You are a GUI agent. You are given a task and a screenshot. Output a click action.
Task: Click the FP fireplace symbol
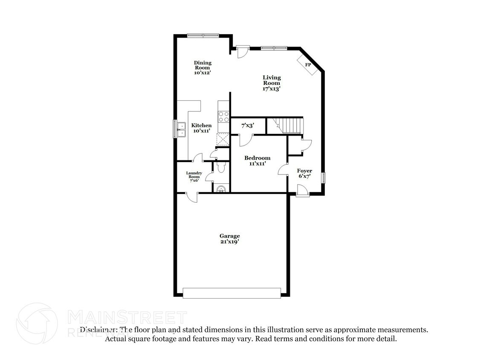[x=307, y=64]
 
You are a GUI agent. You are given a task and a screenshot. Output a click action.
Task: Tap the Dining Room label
[x=203, y=68]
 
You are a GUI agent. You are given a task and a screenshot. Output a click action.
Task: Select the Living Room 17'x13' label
[x=272, y=83]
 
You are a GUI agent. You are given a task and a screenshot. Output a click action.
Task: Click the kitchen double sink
[x=181, y=129]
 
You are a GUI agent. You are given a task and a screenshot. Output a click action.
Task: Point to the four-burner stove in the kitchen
[x=223, y=117]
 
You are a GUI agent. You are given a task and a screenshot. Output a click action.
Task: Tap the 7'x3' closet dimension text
[x=248, y=126]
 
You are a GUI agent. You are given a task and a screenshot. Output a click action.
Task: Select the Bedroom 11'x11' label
[x=257, y=160]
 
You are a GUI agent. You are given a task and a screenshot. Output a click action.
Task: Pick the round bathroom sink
[x=221, y=189]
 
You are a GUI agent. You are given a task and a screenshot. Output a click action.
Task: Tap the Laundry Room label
[x=194, y=177]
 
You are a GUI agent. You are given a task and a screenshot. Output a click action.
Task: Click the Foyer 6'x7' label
[x=304, y=173]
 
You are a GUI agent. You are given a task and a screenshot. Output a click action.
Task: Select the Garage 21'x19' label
[x=229, y=238]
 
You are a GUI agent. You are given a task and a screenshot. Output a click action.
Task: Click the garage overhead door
[x=232, y=293]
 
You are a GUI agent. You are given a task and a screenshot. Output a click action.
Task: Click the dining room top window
[x=203, y=36]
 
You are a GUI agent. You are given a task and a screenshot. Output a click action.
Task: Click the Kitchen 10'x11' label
[x=201, y=128]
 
